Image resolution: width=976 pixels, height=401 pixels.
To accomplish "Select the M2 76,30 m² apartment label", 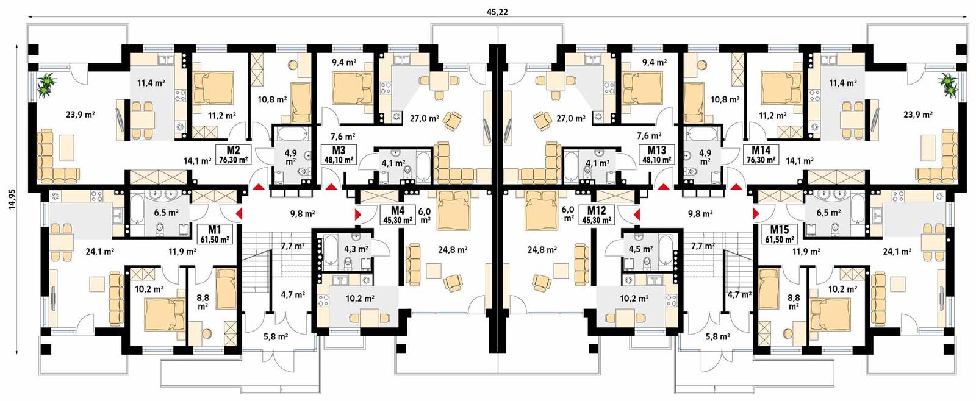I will tap(232, 155).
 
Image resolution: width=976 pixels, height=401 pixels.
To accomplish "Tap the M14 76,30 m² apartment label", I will tap(761, 155).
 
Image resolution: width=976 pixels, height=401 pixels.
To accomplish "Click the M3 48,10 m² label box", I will tap(339, 155).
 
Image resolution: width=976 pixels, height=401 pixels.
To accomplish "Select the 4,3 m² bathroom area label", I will tap(356, 249).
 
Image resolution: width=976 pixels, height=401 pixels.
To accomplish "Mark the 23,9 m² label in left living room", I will tap(80, 114).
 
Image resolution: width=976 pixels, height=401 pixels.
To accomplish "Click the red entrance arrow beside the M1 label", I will tap(239, 213).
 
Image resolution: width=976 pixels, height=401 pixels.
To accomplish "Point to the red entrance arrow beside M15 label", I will tap(755, 213).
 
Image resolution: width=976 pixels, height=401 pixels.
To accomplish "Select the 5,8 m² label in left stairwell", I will tap(276, 336).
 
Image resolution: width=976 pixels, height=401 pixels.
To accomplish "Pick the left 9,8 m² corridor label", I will tap(301, 214).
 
